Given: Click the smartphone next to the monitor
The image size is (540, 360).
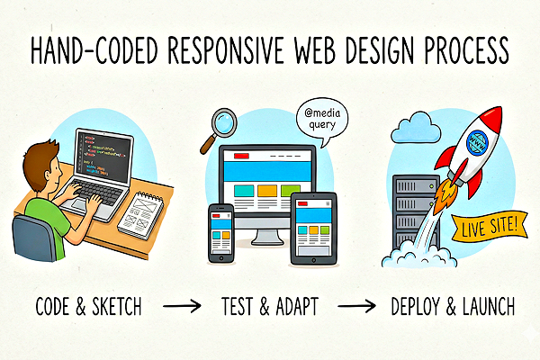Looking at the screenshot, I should (221, 234).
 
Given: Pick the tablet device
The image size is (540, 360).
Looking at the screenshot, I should (312, 228).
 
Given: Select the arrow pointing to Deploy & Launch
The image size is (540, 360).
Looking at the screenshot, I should (355, 307).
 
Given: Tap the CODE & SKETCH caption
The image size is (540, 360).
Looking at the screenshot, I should (85, 307).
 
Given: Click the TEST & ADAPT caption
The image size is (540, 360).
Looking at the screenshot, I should (267, 307).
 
